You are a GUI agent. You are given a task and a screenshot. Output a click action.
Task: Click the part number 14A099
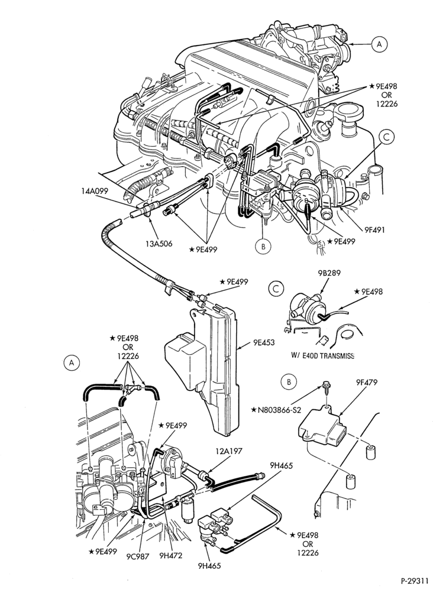click(94, 191)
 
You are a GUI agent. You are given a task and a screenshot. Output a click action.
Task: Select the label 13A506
click(159, 244)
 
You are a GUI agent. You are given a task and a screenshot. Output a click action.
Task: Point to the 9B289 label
click(328, 273)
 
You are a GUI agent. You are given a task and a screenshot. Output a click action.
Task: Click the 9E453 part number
click(263, 342)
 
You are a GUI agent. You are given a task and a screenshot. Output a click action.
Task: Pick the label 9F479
click(366, 382)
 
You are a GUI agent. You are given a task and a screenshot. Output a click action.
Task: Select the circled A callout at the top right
click(379, 44)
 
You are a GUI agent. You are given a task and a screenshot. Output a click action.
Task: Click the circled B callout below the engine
click(263, 247)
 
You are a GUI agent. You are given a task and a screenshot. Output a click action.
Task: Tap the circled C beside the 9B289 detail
click(276, 289)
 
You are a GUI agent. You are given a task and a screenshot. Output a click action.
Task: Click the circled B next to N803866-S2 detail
click(289, 381)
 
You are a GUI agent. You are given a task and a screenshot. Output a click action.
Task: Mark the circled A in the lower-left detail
click(72, 363)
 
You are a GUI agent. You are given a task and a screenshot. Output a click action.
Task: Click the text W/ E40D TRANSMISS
click(323, 355)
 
